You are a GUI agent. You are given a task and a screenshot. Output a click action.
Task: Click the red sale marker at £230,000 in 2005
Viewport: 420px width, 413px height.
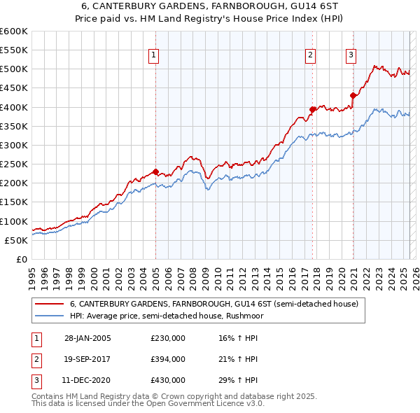coord(155,171)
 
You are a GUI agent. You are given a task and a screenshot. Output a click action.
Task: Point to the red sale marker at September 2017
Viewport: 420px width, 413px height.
coord(313,109)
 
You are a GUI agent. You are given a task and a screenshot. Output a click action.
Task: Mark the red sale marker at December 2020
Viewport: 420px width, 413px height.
coord(353,95)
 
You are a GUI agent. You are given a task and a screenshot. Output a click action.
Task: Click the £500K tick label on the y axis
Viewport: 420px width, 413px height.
coord(13,69)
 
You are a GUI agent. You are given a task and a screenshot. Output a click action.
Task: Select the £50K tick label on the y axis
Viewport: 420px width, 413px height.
coord(15,240)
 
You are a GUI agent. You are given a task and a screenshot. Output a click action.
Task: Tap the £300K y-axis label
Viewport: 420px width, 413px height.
coord(13,145)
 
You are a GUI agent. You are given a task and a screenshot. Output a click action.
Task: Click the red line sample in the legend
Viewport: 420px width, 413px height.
coord(49,304)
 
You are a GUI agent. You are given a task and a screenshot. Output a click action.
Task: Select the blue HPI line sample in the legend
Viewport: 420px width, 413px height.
coord(49,316)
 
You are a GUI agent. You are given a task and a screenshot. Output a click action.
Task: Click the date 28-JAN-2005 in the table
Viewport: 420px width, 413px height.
coord(87,338)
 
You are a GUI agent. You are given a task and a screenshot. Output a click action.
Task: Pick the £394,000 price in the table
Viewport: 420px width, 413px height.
coord(168,359)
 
